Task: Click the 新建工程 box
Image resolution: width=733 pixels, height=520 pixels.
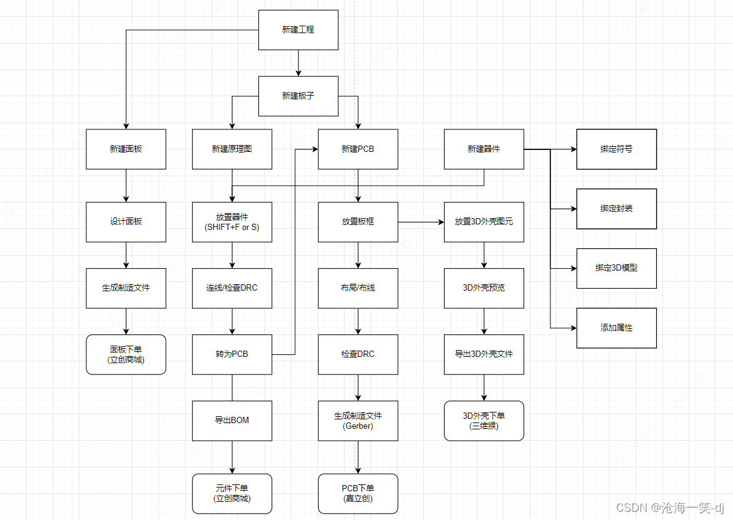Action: pos(298,29)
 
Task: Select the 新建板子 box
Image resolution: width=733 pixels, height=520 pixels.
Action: pos(298,96)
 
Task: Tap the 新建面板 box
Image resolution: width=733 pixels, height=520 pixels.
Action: pos(126,149)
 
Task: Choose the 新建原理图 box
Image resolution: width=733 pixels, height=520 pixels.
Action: pos(232,149)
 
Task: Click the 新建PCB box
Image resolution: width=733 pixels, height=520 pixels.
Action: pos(358,149)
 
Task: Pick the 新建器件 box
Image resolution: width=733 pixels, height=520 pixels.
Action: pos(484,149)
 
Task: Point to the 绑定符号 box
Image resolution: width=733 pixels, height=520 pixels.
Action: pos(616,149)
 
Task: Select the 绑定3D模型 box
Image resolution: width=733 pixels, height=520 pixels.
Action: pos(616,267)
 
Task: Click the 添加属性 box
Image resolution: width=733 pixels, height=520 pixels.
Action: pos(616,327)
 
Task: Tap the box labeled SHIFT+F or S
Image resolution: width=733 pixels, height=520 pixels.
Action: pos(232,222)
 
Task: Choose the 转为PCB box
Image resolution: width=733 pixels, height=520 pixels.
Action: pos(232,354)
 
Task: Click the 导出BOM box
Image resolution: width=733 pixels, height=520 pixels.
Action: pos(232,420)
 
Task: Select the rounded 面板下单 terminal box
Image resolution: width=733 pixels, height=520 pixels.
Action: pos(126,354)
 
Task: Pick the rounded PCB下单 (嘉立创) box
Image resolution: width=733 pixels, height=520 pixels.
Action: pos(358,493)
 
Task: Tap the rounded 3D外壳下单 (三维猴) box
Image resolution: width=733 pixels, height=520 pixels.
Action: pos(484,421)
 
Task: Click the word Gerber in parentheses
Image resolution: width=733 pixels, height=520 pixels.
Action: pos(358,426)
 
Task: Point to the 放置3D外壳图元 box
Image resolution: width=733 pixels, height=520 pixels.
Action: pos(484,221)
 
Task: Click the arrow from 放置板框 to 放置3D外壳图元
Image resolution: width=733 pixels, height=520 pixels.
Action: pos(421,221)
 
